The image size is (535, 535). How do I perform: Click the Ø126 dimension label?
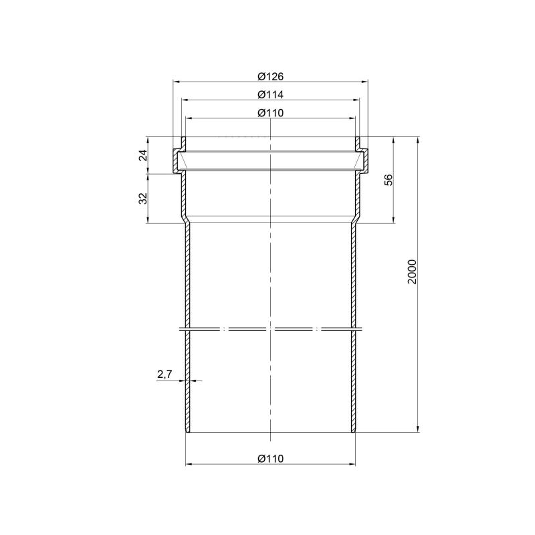(x=271, y=76)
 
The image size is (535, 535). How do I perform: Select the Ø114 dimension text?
(x=271, y=94)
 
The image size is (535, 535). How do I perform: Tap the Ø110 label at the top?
(x=271, y=112)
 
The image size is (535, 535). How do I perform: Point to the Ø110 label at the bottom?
(x=271, y=459)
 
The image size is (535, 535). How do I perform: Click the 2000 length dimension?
(x=413, y=272)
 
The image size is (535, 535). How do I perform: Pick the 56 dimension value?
(x=389, y=180)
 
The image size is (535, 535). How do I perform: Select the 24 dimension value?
(x=144, y=155)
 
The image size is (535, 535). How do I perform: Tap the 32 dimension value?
(x=144, y=199)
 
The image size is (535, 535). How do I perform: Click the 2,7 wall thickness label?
(x=165, y=374)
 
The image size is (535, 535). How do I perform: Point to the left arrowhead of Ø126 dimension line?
(x=176, y=82)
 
